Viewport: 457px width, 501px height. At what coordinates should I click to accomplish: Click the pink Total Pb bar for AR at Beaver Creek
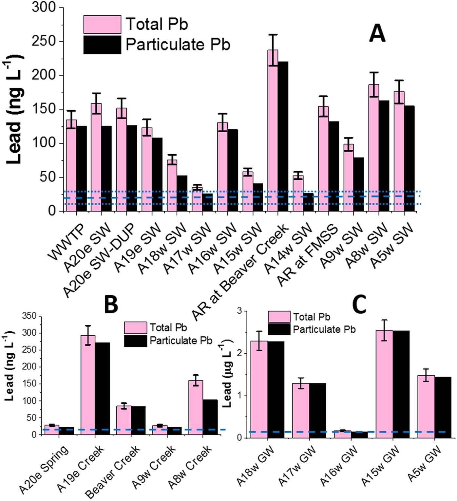tap(273, 131)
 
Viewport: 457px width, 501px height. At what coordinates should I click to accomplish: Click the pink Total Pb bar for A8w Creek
tap(196, 407)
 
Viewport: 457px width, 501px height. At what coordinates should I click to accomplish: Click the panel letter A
tap(377, 34)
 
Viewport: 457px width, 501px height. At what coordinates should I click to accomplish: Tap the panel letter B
tap(111, 305)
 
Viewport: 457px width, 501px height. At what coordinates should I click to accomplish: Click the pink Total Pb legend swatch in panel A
tap(102, 25)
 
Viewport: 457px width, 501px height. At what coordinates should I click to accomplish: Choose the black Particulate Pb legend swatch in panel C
tap(279, 329)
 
